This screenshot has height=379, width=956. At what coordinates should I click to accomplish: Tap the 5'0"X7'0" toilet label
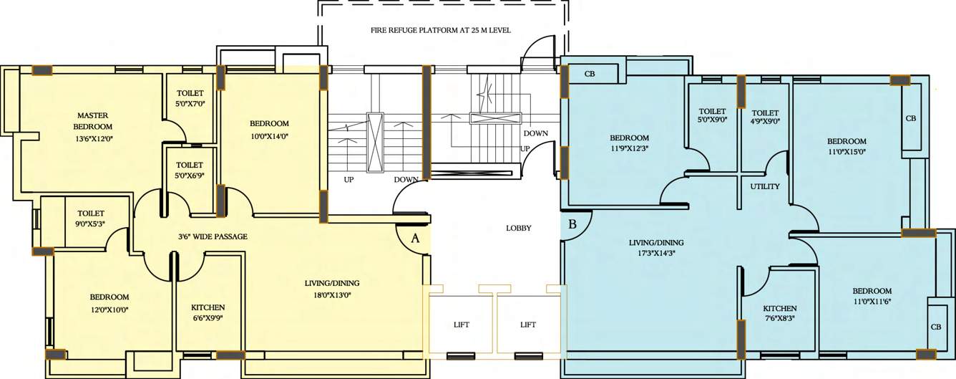(190, 99)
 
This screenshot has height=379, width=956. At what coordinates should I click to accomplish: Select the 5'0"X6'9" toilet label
(190, 171)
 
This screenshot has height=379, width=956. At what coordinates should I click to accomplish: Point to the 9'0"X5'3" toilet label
(91, 218)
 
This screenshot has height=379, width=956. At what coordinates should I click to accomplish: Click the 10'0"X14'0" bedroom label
(270, 129)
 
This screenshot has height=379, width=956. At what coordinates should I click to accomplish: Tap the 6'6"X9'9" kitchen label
(208, 312)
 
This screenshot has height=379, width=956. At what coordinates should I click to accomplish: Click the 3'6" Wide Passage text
(213, 236)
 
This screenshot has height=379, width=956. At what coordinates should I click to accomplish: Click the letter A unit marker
(414, 240)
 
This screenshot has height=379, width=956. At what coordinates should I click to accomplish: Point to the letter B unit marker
(572, 224)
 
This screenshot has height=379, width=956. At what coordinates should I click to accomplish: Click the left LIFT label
(462, 325)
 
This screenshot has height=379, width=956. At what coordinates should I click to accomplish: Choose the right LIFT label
(528, 325)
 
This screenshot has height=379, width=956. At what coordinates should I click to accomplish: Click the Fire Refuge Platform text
(445, 30)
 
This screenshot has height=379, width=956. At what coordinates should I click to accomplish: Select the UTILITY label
(764, 186)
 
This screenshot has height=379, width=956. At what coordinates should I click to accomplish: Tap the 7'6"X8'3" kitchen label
(769, 313)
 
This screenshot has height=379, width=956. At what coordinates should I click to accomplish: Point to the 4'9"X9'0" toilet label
(765, 117)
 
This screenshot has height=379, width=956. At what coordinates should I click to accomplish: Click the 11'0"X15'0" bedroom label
(847, 146)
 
